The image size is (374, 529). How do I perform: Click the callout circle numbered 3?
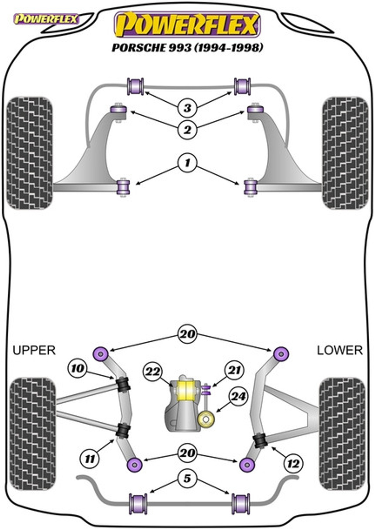[187, 108]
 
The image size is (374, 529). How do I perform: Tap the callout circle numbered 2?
[187, 129]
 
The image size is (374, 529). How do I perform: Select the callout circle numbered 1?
[187, 162]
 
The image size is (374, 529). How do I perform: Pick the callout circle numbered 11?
[90, 459]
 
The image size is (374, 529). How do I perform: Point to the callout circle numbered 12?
[293, 464]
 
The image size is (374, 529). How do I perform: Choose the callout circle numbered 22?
[153, 372]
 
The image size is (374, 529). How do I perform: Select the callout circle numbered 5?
[187, 478]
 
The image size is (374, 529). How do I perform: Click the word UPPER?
[34, 350]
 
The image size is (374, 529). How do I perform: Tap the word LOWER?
[340, 350]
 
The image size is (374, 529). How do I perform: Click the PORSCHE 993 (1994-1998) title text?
[187, 47]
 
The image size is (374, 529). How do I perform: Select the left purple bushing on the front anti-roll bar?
[136, 86]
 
